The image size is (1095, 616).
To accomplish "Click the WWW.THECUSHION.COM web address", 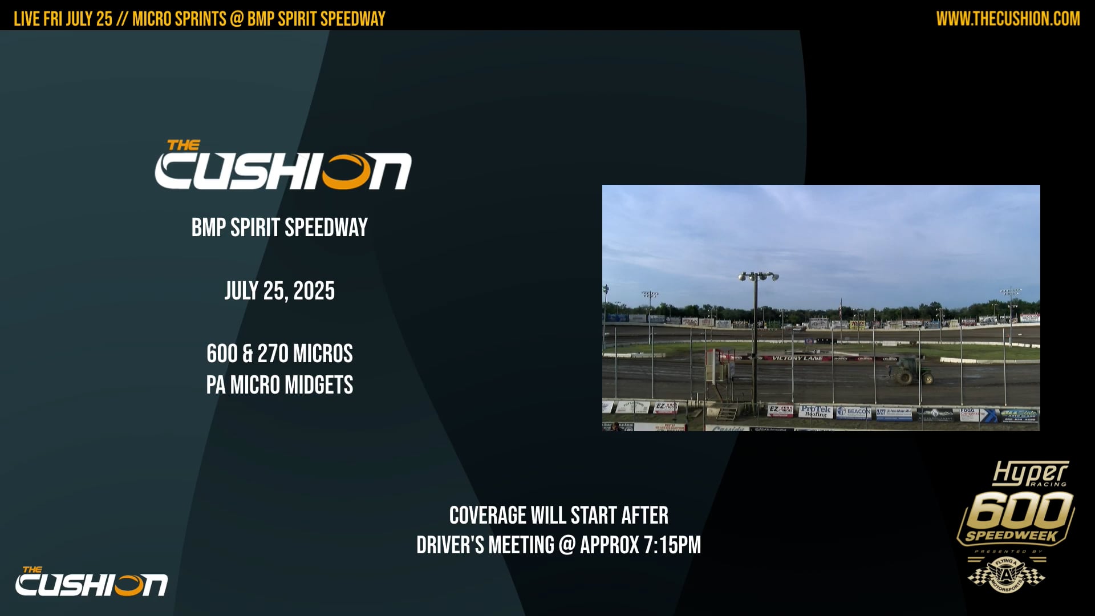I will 1008,19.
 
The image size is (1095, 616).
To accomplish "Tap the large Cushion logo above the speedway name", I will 283,167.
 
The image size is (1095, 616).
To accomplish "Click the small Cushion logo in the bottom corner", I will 91,582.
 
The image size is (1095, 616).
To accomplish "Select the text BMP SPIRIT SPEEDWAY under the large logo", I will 279,228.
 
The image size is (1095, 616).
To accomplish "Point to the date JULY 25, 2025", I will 279,291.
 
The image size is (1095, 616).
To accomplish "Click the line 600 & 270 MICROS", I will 279,354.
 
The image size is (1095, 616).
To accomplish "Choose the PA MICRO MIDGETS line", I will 279,385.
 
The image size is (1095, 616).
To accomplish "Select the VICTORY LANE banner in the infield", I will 797,358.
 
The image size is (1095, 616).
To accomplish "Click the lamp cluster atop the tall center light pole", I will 758,277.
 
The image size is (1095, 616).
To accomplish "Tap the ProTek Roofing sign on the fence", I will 816,411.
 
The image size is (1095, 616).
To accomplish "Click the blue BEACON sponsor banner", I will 854,412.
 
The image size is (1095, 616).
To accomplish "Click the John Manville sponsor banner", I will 895,412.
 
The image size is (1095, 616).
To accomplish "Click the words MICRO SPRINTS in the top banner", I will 179,19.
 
